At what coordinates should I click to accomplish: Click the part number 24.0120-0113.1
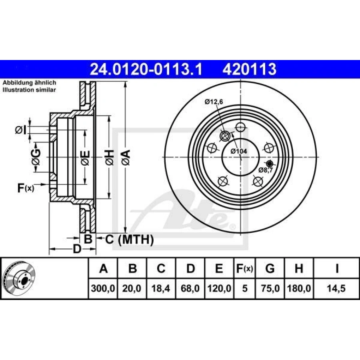click(x=146, y=69)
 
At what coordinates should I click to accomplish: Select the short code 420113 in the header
click(x=249, y=69)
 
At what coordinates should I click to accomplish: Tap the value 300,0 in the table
click(x=103, y=288)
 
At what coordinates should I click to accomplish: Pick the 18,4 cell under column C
click(x=161, y=288)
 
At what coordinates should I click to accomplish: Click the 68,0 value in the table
click(x=190, y=288)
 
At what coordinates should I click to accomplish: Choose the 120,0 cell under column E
click(x=219, y=288)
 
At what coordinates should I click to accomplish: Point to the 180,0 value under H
click(x=298, y=288)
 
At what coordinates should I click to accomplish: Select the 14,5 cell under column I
click(x=337, y=288)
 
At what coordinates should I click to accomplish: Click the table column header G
click(x=270, y=269)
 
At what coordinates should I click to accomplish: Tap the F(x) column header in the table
click(x=244, y=269)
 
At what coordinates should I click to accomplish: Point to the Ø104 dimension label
click(x=239, y=151)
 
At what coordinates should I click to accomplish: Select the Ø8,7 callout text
click(x=266, y=170)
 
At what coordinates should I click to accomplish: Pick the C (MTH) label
click(x=129, y=240)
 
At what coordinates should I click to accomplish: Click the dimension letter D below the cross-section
click(x=77, y=249)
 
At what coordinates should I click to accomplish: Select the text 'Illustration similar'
click(x=29, y=90)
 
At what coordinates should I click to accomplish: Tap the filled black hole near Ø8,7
click(x=269, y=164)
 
